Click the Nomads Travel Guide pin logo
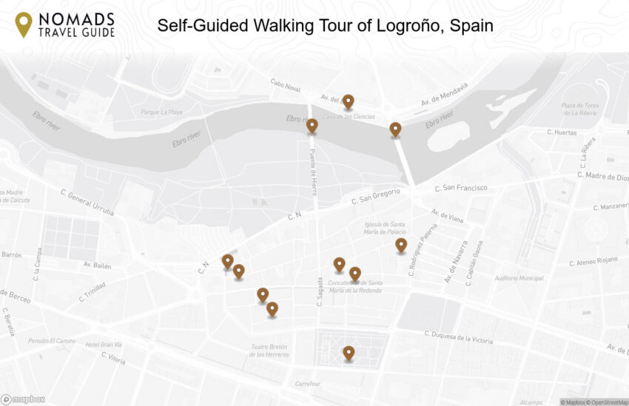[24, 24]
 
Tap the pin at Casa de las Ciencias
[348, 101]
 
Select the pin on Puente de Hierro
[312, 126]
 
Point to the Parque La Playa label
[161, 112]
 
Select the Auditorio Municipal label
[519, 278]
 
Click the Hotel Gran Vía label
[102, 345]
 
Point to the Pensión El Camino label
[52, 341]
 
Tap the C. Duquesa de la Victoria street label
[459, 336]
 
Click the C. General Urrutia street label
[87, 202]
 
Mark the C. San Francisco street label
[460, 188]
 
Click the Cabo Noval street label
[286, 86]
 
